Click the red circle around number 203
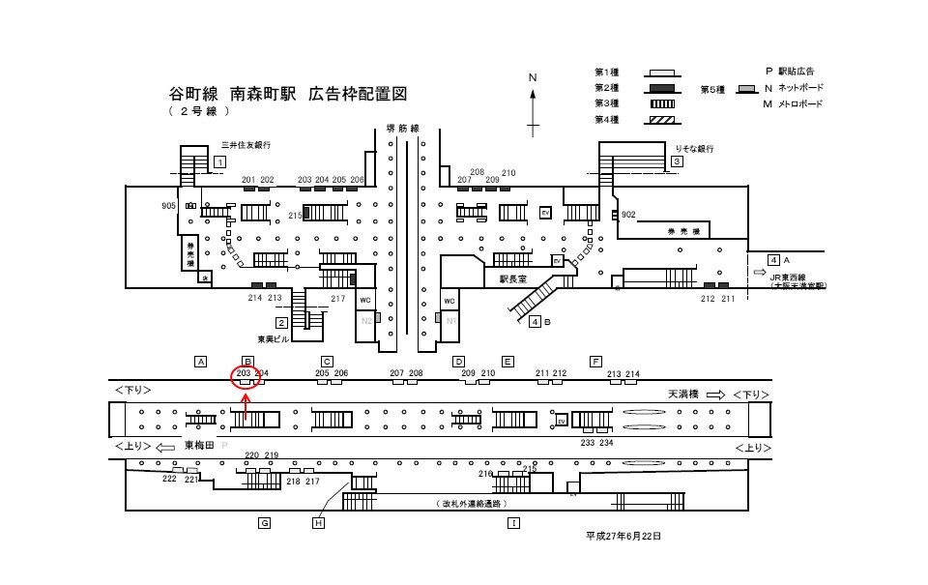244,375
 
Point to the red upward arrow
246,404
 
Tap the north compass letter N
532,76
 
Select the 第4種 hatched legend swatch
659,119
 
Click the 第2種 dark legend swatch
659,88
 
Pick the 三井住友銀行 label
246,144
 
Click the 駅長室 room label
512,278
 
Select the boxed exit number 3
678,161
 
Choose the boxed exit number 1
219,161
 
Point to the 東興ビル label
273,339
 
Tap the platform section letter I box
513,523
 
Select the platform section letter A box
201,362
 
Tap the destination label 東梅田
199,447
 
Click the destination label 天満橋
683,395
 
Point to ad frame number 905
169,206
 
